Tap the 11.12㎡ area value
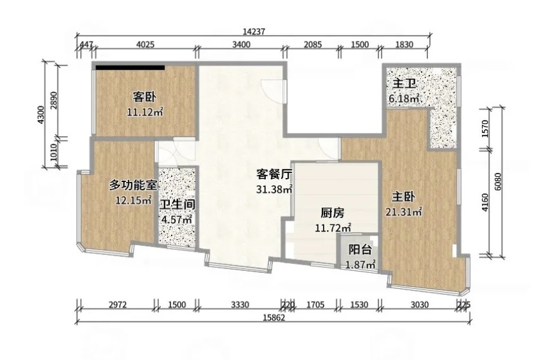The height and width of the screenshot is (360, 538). coord(145,112)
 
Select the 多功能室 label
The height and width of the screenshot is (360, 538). coord(133,185)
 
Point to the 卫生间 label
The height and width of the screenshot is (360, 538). coord(177,205)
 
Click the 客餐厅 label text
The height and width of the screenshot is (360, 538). coord(274,174)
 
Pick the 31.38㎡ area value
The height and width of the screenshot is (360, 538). coord(274,189)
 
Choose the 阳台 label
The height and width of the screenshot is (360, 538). coord(360,250)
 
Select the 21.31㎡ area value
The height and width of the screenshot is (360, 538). coord(403,212)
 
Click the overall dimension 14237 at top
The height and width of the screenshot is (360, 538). coord(254,32)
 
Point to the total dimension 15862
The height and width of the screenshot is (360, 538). coord(274,318)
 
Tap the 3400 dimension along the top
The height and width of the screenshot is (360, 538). coord(241,45)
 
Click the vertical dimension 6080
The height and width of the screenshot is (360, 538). coord(498,182)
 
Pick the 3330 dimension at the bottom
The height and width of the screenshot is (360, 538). coord(240,305)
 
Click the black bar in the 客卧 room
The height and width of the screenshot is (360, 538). coord(130,67)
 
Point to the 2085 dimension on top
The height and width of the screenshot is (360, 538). coord(313,45)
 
